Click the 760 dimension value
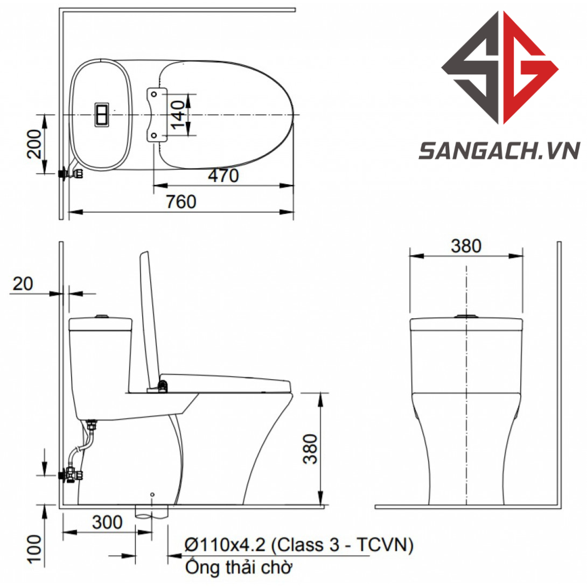[x=181, y=202]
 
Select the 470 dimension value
[x=223, y=176]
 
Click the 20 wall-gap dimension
[x=23, y=284]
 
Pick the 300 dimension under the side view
[x=107, y=522]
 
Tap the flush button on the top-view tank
[x=102, y=115]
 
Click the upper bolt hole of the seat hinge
[x=155, y=94]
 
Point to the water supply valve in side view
[x=71, y=474]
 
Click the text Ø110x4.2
[x=225, y=546]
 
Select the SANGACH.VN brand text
[x=499, y=151]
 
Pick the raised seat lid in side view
[x=149, y=318]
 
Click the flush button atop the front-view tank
[x=466, y=316]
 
